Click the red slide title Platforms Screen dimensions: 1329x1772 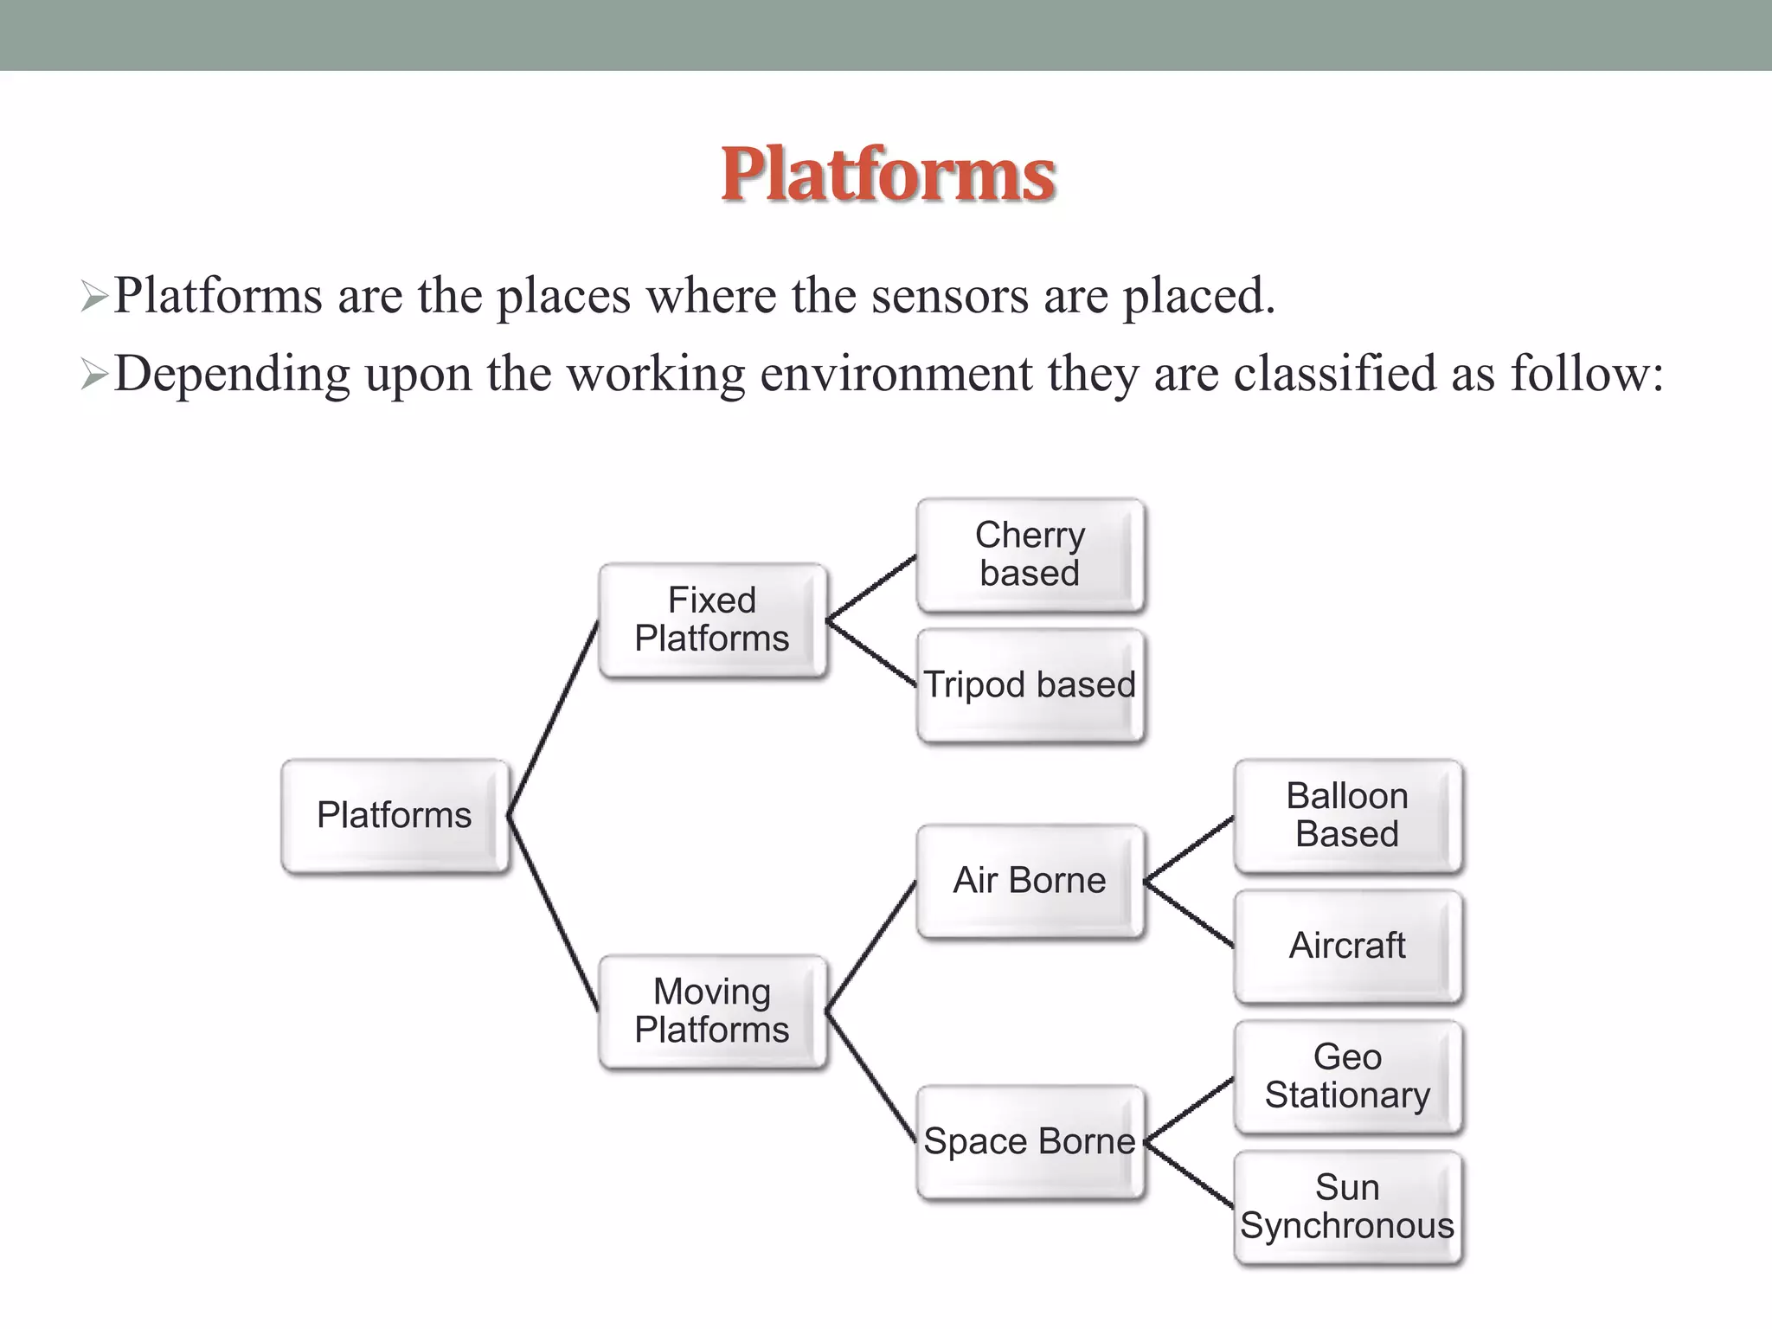tap(888, 175)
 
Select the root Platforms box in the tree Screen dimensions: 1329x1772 tap(395, 815)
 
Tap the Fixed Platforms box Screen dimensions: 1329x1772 tap(712, 620)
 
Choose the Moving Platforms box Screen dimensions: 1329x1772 tap(712, 1011)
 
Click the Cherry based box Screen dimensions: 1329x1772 tap(1030, 555)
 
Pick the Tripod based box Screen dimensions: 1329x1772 tap(1030, 685)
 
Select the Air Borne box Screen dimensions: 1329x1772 tap(1030, 881)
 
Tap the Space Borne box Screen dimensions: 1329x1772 tap(1030, 1141)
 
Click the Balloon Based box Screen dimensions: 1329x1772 tap(1347, 815)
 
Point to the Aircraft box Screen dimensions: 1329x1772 tap(1347, 946)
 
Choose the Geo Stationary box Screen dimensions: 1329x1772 tap(1347, 1076)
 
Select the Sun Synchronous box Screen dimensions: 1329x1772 tap(1347, 1207)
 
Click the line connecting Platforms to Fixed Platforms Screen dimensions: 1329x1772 tap(553, 718)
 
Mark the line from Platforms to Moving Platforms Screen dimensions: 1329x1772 tap(553, 913)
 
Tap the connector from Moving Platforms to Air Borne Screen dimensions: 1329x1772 tap(871, 945)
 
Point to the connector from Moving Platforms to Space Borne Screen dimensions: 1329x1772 tap(871, 1075)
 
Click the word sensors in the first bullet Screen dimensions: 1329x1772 tap(949, 296)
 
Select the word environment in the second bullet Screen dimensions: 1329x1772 tap(896, 375)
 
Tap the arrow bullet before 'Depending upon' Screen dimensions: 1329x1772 tap(93, 376)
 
